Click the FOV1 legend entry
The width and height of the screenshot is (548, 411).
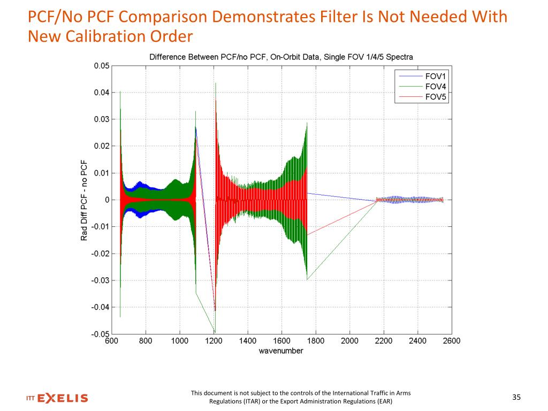[x=435, y=76]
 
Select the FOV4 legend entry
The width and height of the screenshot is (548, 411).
[x=435, y=87]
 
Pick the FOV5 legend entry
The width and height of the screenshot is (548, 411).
[x=435, y=97]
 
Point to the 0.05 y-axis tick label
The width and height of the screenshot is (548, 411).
[x=102, y=66]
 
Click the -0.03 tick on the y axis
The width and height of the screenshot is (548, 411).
[x=100, y=280]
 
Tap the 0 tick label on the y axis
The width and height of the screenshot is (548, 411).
[x=107, y=200]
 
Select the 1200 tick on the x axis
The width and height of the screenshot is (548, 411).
[x=214, y=341]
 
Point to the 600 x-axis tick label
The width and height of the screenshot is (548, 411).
[x=112, y=341]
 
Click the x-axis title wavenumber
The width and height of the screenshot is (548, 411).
[x=281, y=351]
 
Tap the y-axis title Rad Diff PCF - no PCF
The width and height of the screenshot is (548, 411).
[x=84, y=200]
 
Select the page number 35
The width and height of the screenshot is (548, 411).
[x=516, y=397]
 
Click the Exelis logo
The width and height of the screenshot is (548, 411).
[x=57, y=398]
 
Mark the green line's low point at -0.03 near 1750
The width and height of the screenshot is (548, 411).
[x=307, y=279]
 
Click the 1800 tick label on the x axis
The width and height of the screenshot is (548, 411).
[x=315, y=341]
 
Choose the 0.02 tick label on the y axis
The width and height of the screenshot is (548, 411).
[x=102, y=146]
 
